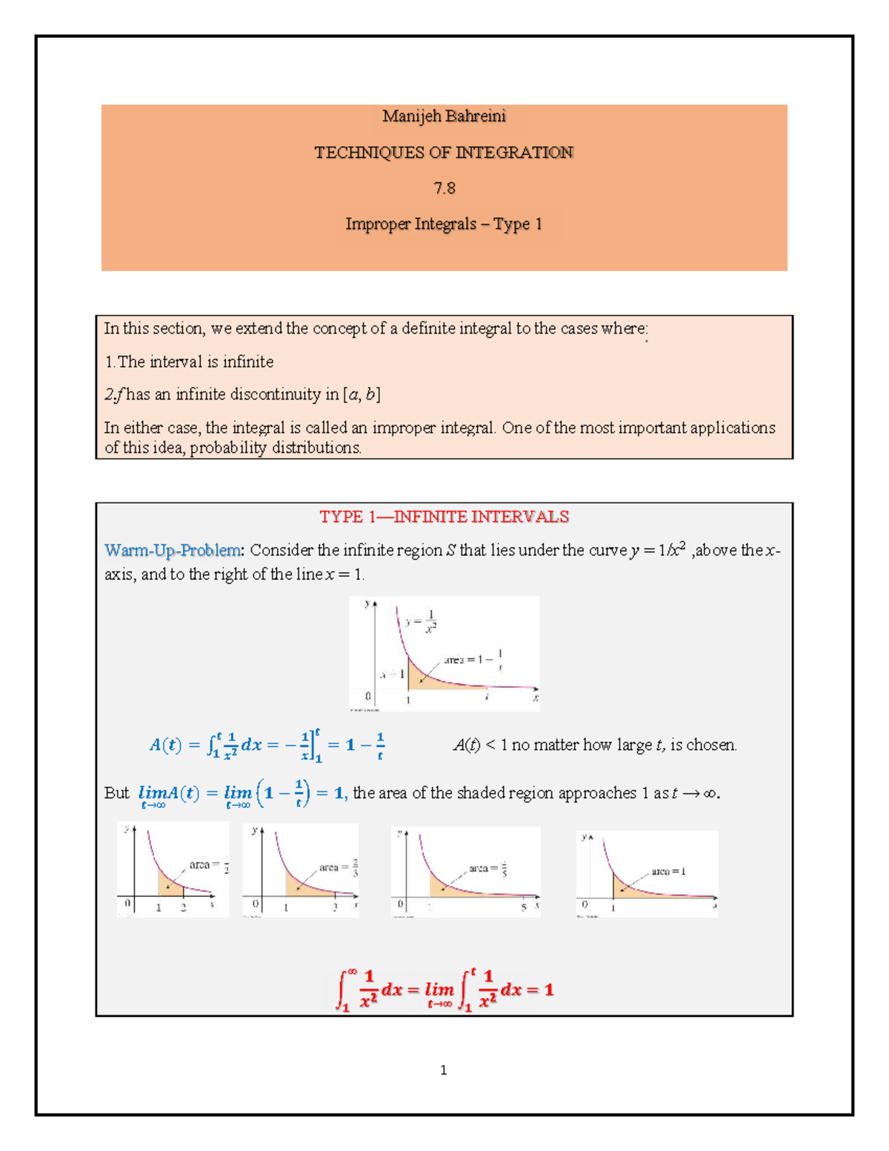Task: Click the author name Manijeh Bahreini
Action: point(444,116)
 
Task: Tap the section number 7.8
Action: point(444,188)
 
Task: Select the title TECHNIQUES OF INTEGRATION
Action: point(444,153)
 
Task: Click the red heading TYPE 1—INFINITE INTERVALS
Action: point(444,517)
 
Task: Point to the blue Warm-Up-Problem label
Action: point(173,550)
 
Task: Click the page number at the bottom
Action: point(443,1069)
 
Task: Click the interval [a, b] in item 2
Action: point(362,394)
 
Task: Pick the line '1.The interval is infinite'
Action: point(189,362)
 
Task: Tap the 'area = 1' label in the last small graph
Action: point(668,872)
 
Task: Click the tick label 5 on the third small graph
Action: point(523,907)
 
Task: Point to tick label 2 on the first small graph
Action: point(184,907)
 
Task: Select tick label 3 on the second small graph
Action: point(334,907)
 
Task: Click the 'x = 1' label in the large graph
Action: point(392,674)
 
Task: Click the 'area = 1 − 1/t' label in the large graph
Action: point(474,659)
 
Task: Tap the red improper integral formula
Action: point(444,989)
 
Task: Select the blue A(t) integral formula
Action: point(267,745)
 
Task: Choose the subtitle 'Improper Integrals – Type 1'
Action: point(444,224)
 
